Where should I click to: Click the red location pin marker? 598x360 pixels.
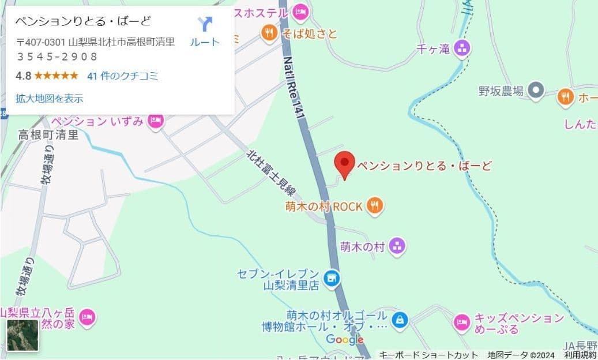coord(344,164)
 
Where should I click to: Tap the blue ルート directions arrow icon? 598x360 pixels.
coord(205,24)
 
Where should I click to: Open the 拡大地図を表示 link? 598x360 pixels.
coord(50,99)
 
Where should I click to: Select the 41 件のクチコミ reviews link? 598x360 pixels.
coord(122,76)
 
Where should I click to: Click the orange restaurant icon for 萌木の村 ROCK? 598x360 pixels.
coord(375,205)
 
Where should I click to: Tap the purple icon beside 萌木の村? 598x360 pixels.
coord(396,246)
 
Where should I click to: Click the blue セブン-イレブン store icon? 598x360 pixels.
coord(331,279)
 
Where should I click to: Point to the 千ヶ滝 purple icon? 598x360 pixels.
coord(461,49)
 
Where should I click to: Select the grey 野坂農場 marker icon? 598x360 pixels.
coord(536,90)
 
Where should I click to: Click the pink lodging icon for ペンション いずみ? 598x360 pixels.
coord(155,121)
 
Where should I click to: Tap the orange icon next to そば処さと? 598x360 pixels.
coord(269,33)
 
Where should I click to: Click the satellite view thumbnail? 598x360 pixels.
coord(22,335)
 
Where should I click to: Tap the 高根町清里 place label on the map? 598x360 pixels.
coord(48,135)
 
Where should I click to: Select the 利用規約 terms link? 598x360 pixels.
coord(580,355)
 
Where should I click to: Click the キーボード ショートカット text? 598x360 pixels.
coord(428,355)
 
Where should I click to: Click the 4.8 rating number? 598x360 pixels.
coord(23,76)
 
